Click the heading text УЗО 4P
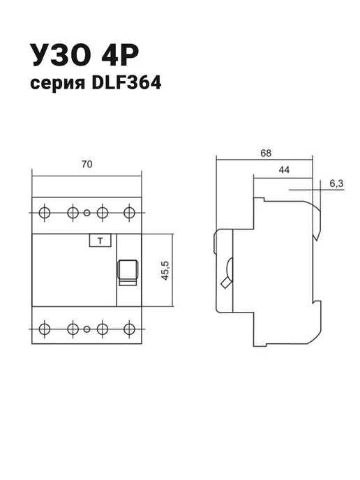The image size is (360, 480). [84, 55]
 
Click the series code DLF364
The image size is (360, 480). [126, 82]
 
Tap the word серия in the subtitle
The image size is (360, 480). [57, 84]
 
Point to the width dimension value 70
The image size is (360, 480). [87, 165]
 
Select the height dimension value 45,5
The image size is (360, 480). [165, 270]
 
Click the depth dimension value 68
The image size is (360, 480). [266, 153]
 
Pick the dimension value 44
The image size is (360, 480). [284, 170]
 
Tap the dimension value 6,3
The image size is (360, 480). [336, 183]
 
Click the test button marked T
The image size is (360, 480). [100, 241]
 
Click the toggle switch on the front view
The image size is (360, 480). [128, 272]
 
